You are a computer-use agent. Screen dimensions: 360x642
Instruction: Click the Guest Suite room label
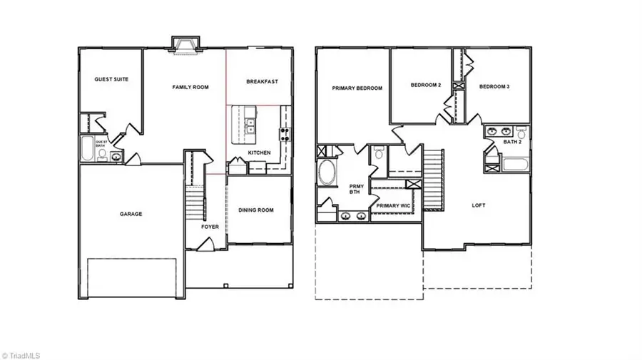(x=111, y=79)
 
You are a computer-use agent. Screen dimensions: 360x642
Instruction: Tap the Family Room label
(x=190, y=87)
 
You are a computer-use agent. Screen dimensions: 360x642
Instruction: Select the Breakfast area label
(x=262, y=82)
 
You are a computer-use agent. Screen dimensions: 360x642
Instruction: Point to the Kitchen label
(x=258, y=153)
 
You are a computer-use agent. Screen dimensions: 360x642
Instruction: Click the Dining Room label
(x=257, y=210)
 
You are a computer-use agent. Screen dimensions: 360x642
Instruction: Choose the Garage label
(x=131, y=214)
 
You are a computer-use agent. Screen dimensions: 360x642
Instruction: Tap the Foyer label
(x=210, y=227)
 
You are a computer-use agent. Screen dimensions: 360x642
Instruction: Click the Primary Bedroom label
(x=357, y=88)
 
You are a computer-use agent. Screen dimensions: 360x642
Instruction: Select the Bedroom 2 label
(x=426, y=86)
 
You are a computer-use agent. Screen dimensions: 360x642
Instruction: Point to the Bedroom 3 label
(x=494, y=86)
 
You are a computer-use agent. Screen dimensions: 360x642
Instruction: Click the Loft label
(x=479, y=205)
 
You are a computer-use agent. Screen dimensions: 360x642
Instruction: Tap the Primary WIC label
(x=392, y=205)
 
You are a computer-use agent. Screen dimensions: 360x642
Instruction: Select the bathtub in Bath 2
(x=514, y=165)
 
